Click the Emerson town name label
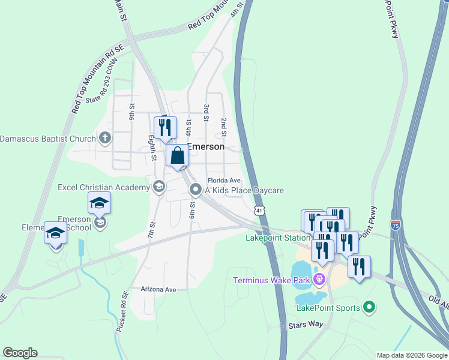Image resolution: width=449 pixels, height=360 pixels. pos(206,146)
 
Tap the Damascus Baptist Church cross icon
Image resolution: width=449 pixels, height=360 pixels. pos(105,139)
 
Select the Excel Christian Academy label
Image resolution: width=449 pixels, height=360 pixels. pos(103,187)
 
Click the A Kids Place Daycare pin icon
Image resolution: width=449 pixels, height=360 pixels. pos(195,190)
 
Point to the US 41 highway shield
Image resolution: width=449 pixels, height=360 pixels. pos(259,211)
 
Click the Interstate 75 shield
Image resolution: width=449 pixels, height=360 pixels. pos(396,225)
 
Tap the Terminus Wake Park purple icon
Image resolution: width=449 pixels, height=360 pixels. pos(319,278)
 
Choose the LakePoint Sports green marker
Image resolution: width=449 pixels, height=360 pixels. pos(369,308)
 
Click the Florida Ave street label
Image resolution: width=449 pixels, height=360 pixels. pos(224,180)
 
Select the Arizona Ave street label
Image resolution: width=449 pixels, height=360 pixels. pos(158,289)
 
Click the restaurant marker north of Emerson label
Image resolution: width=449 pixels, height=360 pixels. pos(165,127)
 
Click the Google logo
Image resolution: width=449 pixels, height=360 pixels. pos(20,353)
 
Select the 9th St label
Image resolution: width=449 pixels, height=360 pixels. pos(131,110)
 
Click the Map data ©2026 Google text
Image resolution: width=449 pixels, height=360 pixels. pos(411,355)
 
